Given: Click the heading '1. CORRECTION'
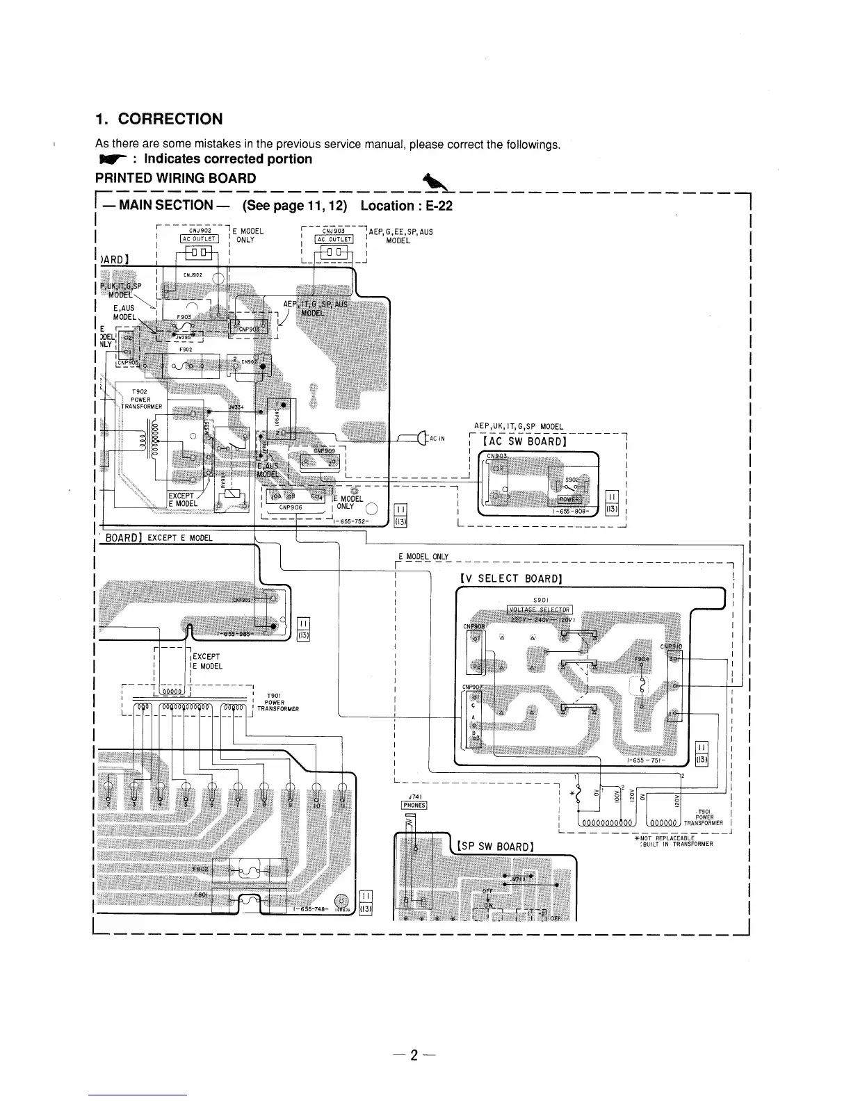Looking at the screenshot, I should pos(159,119).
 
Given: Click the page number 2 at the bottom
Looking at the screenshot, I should pos(414,1055).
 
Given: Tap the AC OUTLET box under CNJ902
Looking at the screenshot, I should pos(200,239).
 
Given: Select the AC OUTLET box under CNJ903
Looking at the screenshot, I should pos(334,240).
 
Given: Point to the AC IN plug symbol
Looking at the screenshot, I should pos(421,438).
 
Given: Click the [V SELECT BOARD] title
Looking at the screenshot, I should pos(511,578).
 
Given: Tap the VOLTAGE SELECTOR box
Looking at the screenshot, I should pos(540,610).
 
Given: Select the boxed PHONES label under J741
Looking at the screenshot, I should pos(414,806).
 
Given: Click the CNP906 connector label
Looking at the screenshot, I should pos(289,507).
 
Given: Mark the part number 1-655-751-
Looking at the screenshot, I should pos(646,760).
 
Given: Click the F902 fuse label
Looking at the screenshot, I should pos(185,350).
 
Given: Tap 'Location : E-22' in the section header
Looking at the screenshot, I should pos(407,205).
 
